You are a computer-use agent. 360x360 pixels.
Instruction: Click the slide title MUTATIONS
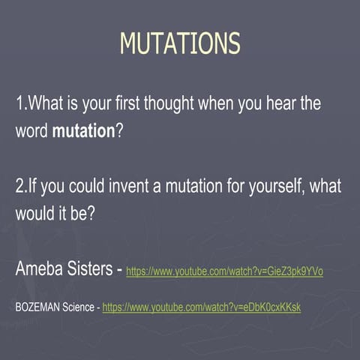(180, 43)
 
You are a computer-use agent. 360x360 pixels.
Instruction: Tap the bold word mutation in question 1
(82, 130)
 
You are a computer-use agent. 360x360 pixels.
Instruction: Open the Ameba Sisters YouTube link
(224, 271)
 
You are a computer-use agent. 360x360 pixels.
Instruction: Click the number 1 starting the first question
(19, 104)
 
